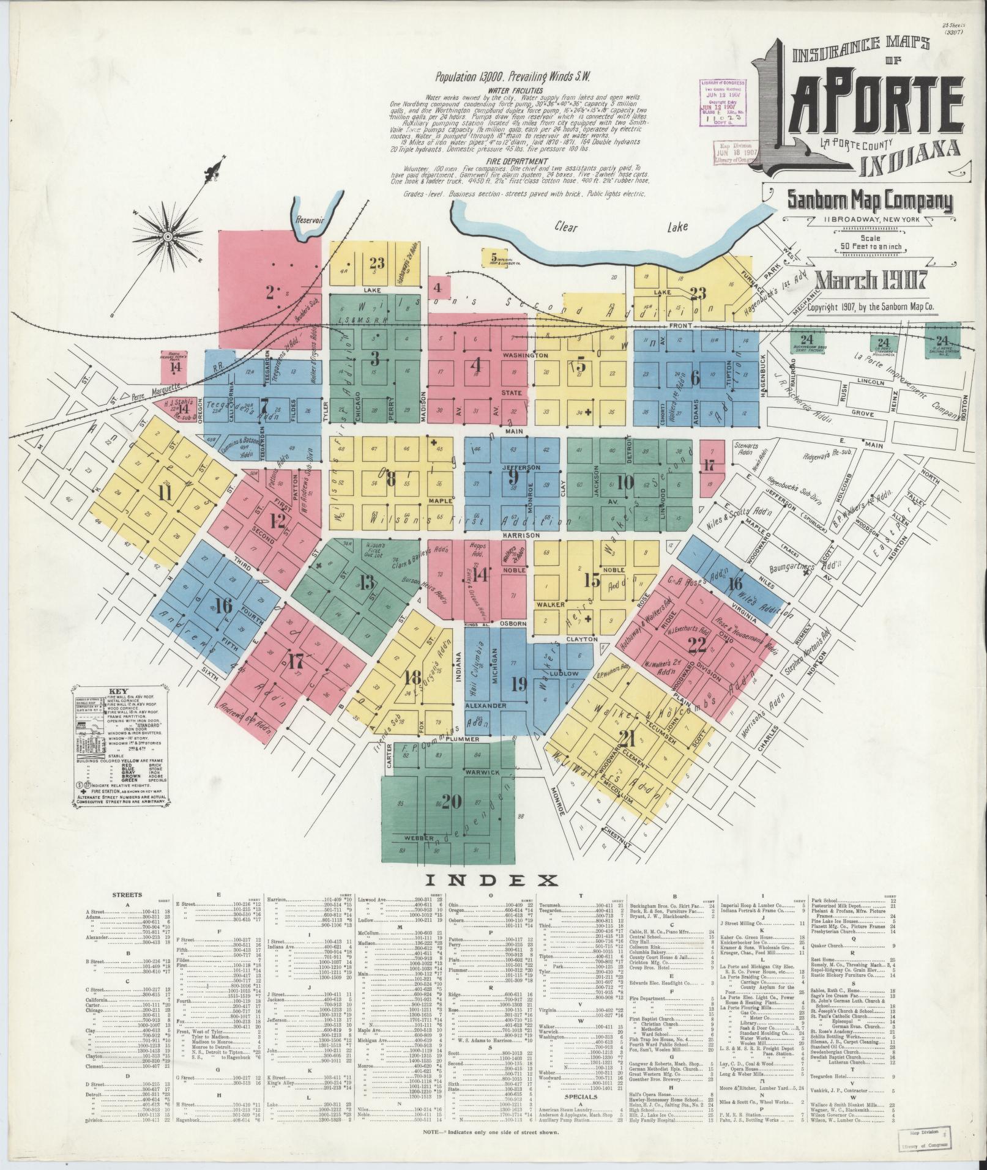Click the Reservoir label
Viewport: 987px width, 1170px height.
(x=308, y=219)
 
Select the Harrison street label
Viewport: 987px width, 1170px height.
(x=522, y=535)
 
